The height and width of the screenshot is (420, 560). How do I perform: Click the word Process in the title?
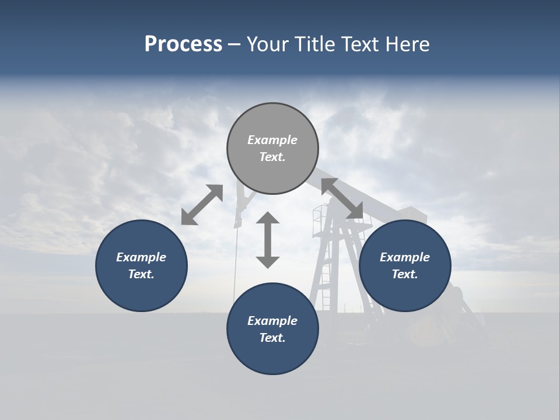point(183,44)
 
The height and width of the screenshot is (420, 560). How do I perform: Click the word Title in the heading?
point(315,44)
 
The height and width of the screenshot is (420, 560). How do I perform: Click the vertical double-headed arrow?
point(268,240)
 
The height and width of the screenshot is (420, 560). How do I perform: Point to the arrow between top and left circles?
point(202,205)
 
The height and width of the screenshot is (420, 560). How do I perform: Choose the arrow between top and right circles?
point(342,198)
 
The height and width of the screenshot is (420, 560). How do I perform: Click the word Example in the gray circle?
point(272,140)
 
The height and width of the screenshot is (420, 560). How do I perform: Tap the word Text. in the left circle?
point(141,274)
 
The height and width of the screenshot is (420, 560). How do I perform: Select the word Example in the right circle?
point(405,257)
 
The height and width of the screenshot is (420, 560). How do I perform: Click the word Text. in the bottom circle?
point(272,338)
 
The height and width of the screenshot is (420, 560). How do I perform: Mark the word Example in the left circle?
point(141,257)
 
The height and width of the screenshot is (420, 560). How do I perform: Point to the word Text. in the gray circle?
point(272,157)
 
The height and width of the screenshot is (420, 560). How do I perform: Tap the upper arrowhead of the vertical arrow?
point(268,219)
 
